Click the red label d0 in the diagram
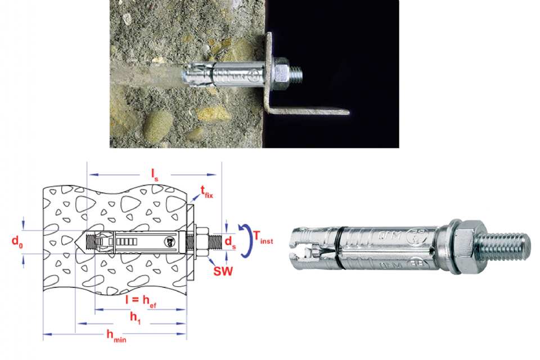pyautogui.click(x=17, y=241)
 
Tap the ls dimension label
pyautogui.click(x=155, y=175)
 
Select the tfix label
pyautogui.click(x=206, y=192)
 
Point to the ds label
pyautogui.click(x=231, y=242)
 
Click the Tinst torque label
pyautogui.click(x=263, y=237)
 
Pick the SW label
pyautogui.click(x=223, y=271)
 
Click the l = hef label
pyautogui.click(x=141, y=300)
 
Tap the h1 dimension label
pyautogui.click(x=136, y=318)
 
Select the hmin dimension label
pyautogui.click(x=116, y=336)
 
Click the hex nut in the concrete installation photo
pyautogui.click(x=281, y=74)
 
